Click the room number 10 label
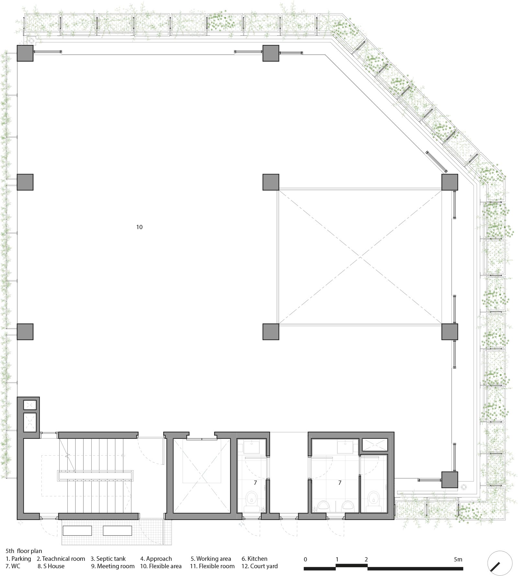tap(139, 227)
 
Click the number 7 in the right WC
tap(340, 482)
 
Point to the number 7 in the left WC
tap(255, 482)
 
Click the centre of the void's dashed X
tap(360, 257)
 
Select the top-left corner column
tap(25, 53)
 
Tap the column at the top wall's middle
tap(271, 53)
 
